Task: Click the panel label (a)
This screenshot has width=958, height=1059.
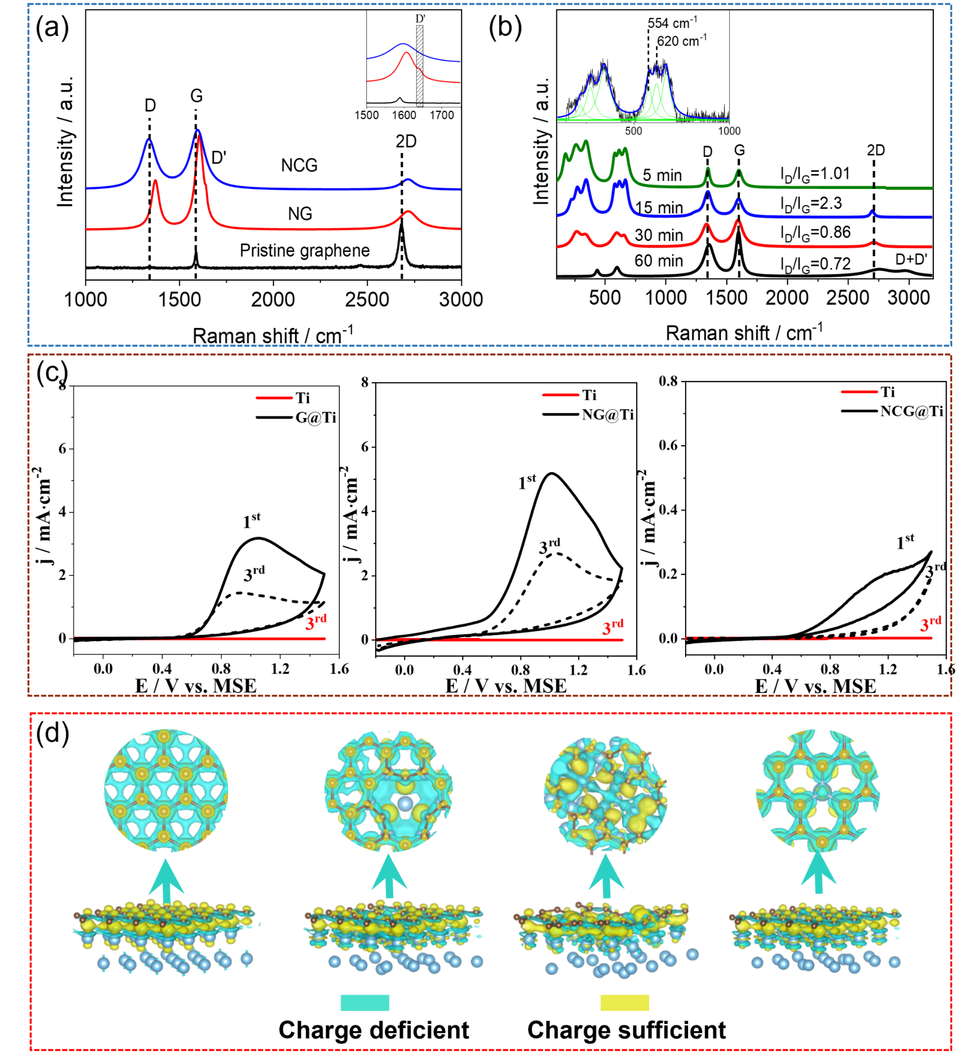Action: (x=52, y=28)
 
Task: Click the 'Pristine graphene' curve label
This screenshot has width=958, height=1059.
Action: (x=304, y=250)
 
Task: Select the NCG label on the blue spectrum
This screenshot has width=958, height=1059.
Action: (x=299, y=165)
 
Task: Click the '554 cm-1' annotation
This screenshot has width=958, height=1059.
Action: (x=672, y=23)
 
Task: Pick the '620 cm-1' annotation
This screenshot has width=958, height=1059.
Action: (x=682, y=40)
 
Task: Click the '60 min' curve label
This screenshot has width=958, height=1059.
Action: (x=659, y=261)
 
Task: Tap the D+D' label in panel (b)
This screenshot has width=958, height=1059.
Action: (x=911, y=259)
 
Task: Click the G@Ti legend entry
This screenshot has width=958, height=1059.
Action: (x=315, y=417)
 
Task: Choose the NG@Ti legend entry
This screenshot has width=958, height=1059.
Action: (x=607, y=415)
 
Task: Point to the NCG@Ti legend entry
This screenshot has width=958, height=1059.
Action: (x=911, y=411)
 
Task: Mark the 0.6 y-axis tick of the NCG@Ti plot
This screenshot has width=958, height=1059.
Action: (x=669, y=446)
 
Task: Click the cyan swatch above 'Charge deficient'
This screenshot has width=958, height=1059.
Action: (x=364, y=1002)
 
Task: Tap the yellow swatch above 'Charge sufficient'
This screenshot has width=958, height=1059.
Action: (x=625, y=1002)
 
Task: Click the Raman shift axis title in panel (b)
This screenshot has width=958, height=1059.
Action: (x=744, y=333)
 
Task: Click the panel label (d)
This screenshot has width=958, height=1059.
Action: (x=53, y=733)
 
